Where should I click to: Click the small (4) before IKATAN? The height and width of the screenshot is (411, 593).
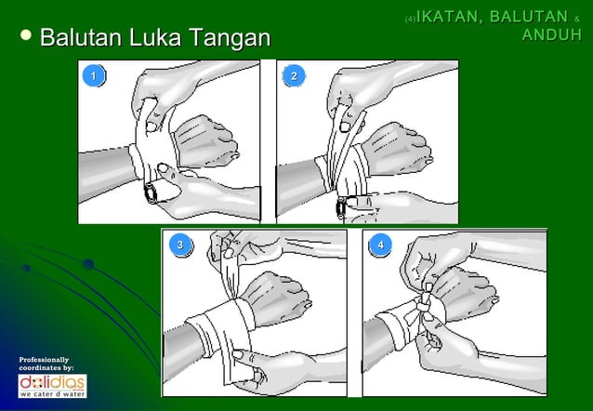tap(410, 19)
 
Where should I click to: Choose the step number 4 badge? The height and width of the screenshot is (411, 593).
tap(379, 245)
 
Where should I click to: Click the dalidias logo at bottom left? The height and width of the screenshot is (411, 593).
tap(52, 384)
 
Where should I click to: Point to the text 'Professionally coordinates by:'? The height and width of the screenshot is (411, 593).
tap(45, 364)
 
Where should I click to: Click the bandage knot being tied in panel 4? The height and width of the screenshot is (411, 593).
tap(425, 304)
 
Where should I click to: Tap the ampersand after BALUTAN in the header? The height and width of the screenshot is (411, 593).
tap(576, 19)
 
